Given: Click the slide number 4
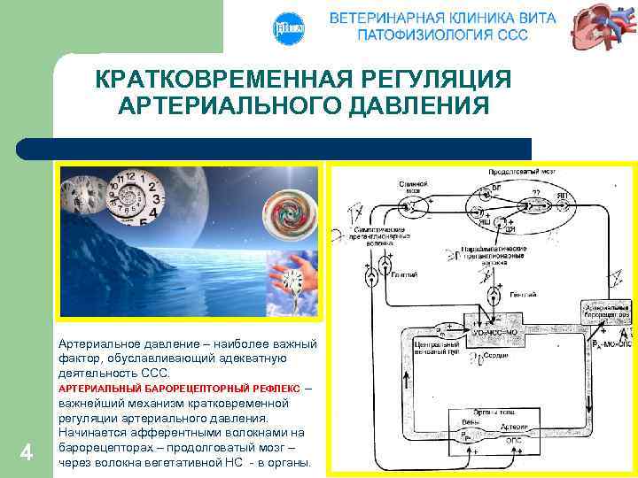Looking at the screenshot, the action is click(x=26, y=453).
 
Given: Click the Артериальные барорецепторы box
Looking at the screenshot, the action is click(x=605, y=311).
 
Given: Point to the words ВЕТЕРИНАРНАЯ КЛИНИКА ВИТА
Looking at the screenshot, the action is click(x=442, y=18).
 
